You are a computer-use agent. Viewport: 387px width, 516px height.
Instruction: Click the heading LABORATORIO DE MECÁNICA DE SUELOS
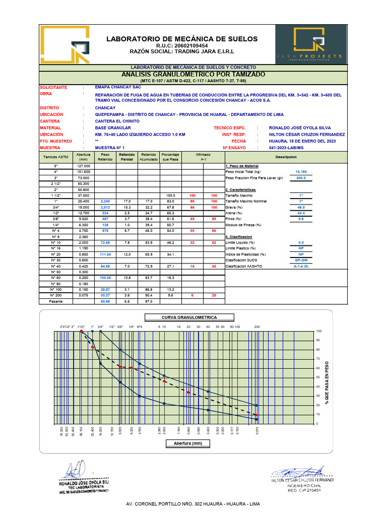tap(181, 39)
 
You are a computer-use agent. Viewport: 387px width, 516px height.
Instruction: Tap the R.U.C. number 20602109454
tap(182, 46)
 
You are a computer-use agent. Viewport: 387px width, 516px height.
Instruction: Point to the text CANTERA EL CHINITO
tap(117, 121)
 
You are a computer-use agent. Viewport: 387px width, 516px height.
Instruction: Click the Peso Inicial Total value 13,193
tap(301, 172)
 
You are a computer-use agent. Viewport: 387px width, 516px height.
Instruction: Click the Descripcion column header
tap(285, 157)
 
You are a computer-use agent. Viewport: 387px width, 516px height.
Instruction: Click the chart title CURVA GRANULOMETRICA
tap(189, 317)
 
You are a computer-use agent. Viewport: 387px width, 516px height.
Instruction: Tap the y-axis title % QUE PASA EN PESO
tap(327, 382)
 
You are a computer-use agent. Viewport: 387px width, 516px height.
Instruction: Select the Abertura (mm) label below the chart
tap(187, 443)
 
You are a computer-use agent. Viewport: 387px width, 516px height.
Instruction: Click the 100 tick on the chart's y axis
tap(318, 331)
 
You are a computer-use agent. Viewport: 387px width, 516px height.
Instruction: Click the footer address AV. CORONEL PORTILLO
tap(193, 504)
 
